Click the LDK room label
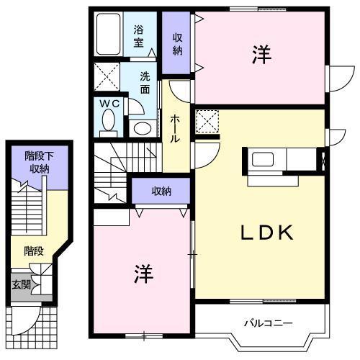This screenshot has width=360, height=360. click(x=265, y=233)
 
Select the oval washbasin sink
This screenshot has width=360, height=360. click(x=143, y=129)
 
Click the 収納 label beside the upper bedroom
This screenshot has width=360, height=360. click(x=177, y=44)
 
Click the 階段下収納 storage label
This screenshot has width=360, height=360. click(x=36, y=163)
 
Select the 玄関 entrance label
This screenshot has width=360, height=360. click(x=19, y=284)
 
